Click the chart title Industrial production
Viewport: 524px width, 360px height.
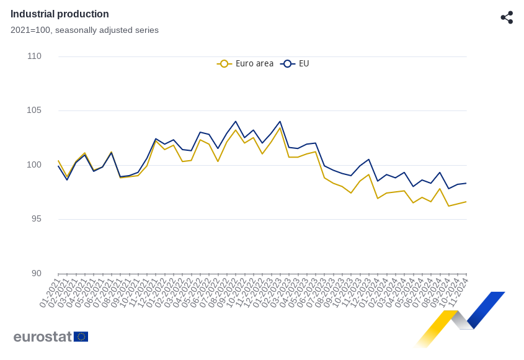(x=60, y=14)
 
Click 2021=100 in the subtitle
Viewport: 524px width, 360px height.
(x=30, y=30)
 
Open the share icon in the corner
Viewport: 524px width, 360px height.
(x=507, y=17)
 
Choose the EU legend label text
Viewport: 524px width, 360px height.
(x=304, y=63)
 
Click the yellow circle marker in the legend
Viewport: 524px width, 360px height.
(x=224, y=63)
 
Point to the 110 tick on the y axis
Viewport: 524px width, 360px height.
(x=35, y=56)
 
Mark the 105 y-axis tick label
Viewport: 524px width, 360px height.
(x=35, y=110)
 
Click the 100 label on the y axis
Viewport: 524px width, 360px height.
(x=35, y=164)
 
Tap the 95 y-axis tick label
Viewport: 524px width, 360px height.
(x=36, y=218)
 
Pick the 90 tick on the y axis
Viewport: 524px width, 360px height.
(x=36, y=273)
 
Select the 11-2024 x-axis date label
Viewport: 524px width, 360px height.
(x=458, y=292)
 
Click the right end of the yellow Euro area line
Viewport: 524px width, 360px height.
(x=466, y=201)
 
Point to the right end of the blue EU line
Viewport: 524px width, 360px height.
(x=466, y=183)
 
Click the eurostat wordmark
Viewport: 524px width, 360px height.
(x=43, y=336)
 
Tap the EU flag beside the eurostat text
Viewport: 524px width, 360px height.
(x=81, y=336)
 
